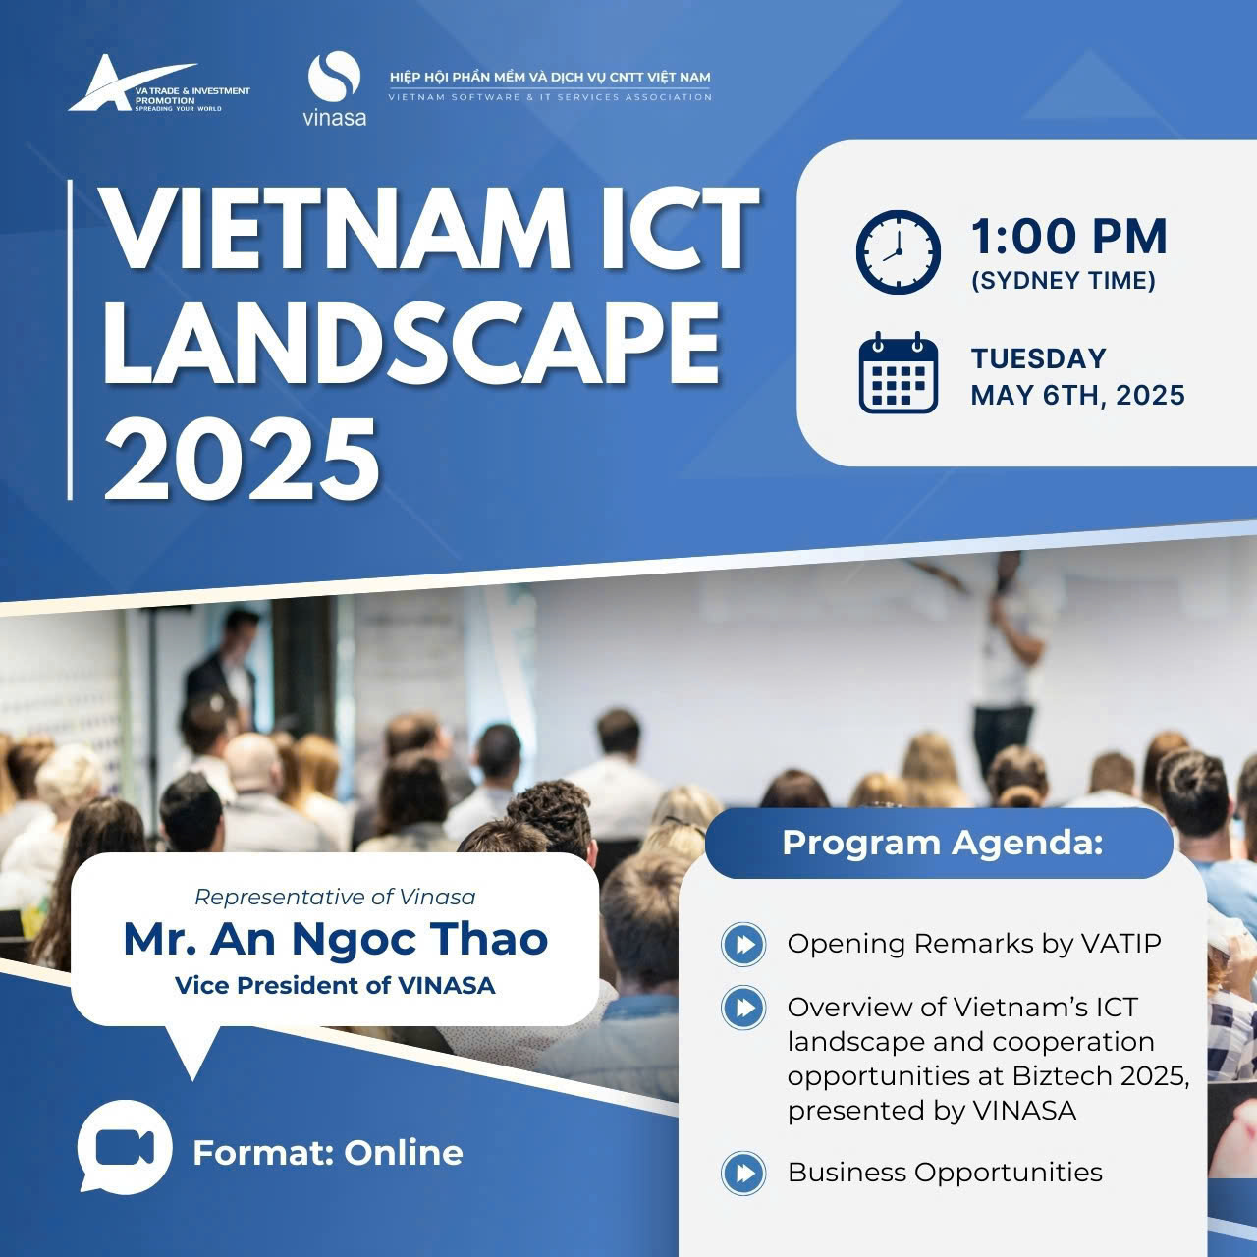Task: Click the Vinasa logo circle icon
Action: point(334,76)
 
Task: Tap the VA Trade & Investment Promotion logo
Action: point(159,83)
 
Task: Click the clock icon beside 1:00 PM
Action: point(899,251)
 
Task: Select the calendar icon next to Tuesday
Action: point(899,372)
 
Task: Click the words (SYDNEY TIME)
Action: point(1064,281)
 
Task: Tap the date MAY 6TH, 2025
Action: point(1077,396)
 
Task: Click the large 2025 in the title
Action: point(242,460)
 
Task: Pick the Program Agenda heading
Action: point(943,843)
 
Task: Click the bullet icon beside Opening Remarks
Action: point(743,944)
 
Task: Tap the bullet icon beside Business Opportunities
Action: point(743,1173)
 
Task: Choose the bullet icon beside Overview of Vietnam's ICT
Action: point(743,1008)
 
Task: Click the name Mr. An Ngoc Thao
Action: point(335,940)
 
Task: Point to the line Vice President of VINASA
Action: point(335,986)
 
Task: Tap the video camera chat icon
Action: point(125,1147)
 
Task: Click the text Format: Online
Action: point(328,1153)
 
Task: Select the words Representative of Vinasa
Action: point(335,898)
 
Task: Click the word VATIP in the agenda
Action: point(1120,944)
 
